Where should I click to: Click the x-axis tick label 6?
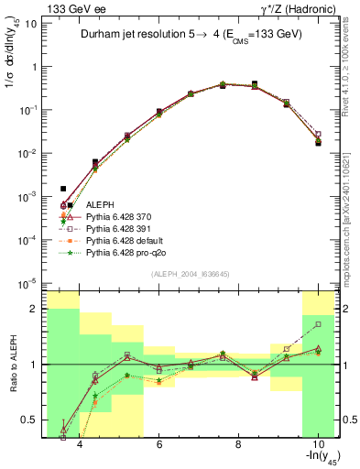click(x=158, y=446)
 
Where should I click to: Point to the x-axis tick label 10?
click(x=317, y=446)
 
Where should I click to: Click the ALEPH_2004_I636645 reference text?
click(x=183, y=273)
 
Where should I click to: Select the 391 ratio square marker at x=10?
click(x=318, y=324)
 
